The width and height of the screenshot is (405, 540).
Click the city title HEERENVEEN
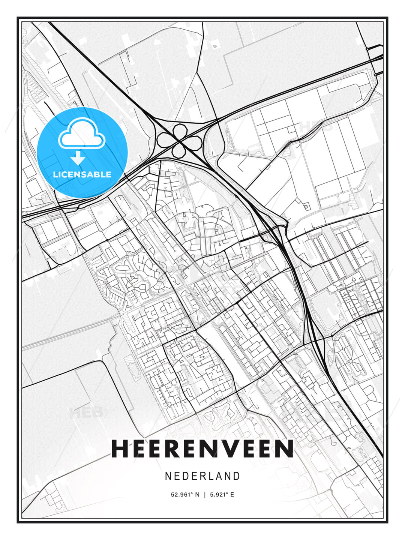click(x=202, y=448)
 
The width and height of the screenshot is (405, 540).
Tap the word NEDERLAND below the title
click(x=202, y=476)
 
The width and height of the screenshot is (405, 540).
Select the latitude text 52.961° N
click(x=185, y=495)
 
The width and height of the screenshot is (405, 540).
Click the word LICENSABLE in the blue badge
click(x=82, y=174)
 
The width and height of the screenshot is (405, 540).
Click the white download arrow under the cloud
click(x=78, y=158)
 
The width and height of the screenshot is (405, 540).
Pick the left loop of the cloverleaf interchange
click(x=165, y=140)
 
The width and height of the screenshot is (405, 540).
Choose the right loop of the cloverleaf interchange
click(x=194, y=141)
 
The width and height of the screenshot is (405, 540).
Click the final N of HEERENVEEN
click(x=285, y=448)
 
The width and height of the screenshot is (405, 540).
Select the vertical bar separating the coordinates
click(x=205, y=495)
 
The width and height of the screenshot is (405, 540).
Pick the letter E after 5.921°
click(x=232, y=495)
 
